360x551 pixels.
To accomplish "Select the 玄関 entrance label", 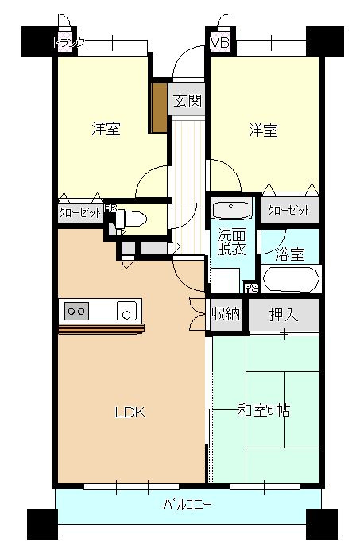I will [188, 101].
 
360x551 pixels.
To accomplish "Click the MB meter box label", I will [219, 43].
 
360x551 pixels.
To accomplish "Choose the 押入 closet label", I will [283, 314].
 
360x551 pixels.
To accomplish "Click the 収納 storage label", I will [226, 313].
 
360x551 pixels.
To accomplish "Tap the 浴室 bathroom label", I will [290, 255].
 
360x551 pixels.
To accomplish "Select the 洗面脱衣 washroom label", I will [231, 241].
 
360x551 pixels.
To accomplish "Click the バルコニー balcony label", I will [188, 503].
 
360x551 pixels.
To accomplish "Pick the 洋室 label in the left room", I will [106, 130].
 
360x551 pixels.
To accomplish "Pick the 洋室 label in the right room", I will [262, 130].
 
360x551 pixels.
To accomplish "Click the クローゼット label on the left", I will [80, 213].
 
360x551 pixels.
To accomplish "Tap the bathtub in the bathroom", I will [291, 280].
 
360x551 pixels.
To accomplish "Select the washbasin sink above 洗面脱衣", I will [232, 211].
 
